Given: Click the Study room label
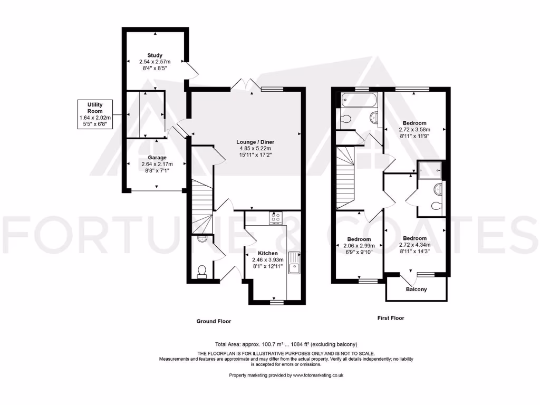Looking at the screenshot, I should point(155,55).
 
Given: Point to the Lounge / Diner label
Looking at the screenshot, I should point(256,142).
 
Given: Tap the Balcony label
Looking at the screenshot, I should point(416,290).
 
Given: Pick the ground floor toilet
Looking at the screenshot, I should point(201,271).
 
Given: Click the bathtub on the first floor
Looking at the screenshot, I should point(359,99).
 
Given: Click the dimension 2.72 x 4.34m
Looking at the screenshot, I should point(416,245).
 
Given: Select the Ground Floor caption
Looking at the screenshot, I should point(214,321).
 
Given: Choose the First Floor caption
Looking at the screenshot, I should point(391,318).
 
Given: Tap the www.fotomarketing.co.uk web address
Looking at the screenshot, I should point(319,375).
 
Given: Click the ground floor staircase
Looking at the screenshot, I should point(202,206).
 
